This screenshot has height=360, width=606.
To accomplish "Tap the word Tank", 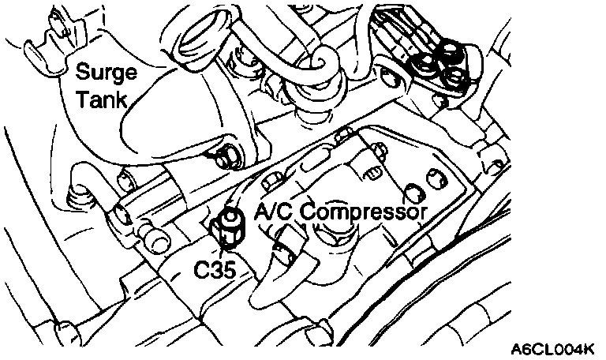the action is (x=100, y=97).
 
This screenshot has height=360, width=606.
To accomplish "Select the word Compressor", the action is (x=363, y=212).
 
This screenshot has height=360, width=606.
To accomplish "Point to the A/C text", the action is (x=272, y=211).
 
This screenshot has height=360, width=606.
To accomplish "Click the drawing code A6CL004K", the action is (x=553, y=347).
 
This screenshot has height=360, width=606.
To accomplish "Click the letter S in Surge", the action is (x=82, y=72).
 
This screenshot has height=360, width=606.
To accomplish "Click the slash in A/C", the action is (x=273, y=211).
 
